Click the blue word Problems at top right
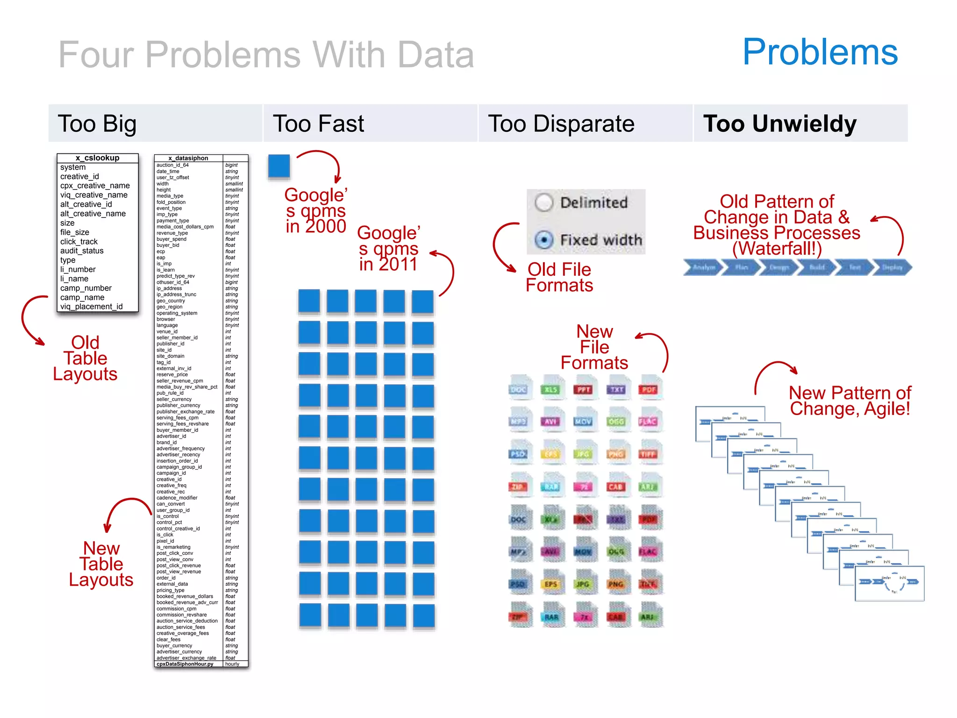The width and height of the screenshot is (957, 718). pyautogui.click(x=820, y=52)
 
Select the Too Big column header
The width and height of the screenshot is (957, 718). pyautogui.click(x=97, y=124)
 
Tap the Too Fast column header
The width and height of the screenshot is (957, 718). pyautogui.click(x=318, y=124)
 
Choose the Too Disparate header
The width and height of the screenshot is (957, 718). pyautogui.click(x=561, y=124)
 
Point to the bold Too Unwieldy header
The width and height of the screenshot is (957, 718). pyautogui.click(x=780, y=124)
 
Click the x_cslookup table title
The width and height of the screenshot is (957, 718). pyautogui.click(x=97, y=158)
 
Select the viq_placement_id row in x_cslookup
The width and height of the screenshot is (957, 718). pyautogui.click(x=92, y=307)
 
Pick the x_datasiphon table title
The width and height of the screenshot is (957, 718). pyautogui.click(x=188, y=158)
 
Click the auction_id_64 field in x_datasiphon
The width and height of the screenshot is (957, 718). pyautogui.click(x=172, y=165)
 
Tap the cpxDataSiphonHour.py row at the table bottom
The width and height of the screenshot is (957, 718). pyautogui.click(x=185, y=664)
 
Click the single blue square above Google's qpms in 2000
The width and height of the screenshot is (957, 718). pyautogui.click(x=279, y=166)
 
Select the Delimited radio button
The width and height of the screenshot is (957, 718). pyautogui.click(x=544, y=202)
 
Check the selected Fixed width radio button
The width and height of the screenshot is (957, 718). pyautogui.click(x=544, y=240)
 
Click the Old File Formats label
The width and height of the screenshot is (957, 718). pyautogui.click(x=559, y=277)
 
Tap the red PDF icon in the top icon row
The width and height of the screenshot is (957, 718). pyautogui.click(x=649, y=388)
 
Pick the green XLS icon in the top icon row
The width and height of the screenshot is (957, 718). pyautogui.click(x=551, y=388)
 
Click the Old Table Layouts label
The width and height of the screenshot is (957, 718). pyautogui.click(x=86, y=359)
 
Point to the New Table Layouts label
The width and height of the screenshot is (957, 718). pyautogui.click(x=101, y=564)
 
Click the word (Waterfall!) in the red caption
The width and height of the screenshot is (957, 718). pyautogui.click(x=777, y=248)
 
